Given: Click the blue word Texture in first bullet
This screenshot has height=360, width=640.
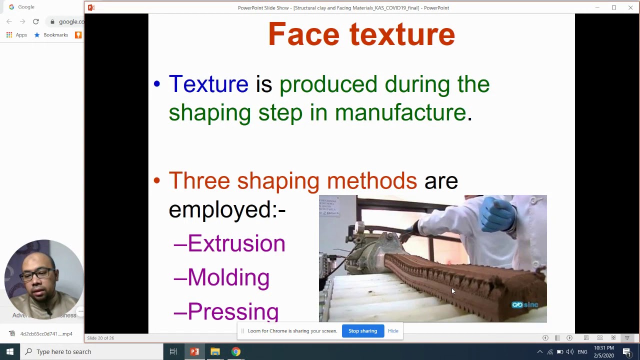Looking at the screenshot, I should point(208,84).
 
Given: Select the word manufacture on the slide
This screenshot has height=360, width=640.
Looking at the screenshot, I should point(400,112).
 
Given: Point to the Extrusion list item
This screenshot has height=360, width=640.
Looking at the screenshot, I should point(236,243).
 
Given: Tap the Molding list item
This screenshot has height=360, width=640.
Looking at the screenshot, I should point(228,277).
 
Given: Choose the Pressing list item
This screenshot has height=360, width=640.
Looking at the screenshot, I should point(232,311).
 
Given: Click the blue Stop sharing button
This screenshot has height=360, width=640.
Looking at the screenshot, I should point(362,331).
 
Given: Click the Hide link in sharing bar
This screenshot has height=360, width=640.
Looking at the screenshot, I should point(393,331).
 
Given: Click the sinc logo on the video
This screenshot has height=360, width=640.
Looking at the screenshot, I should point(524,305).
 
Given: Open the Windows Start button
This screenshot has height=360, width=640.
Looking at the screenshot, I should point(9,351).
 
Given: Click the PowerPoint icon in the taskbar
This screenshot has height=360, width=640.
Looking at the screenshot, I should point(194,351).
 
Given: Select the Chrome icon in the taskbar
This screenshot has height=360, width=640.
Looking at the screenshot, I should point(235,351).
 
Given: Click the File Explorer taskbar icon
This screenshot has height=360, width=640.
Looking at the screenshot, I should point(215,351).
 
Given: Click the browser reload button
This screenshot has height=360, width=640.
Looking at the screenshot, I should point(36,21).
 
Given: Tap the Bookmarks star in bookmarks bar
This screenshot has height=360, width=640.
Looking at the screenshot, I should point(37,35).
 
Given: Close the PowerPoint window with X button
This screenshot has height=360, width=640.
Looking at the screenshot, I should point(630,7).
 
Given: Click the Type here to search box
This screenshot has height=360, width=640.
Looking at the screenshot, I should point(90,351).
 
